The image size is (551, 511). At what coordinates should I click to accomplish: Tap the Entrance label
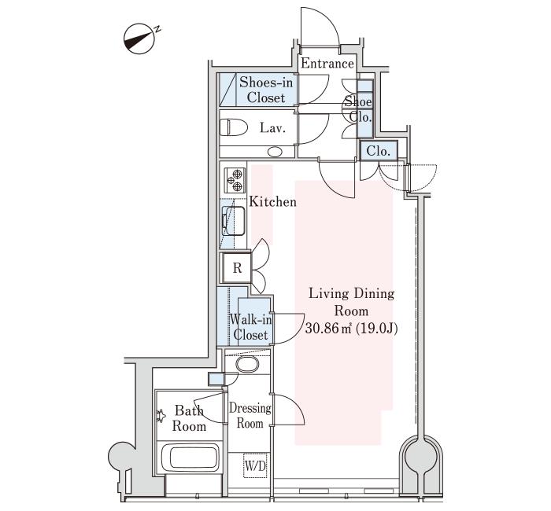pos(327,63)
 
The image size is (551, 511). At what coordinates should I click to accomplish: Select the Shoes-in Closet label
pos(266,90)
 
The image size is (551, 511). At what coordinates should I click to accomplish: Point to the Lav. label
pos(272,127)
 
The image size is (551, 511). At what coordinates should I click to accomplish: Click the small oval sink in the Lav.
pos(275,150)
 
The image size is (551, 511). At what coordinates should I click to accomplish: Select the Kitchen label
pos(273,202)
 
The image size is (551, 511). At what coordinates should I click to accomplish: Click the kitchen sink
pos(234,221)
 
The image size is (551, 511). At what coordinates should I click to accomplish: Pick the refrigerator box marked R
pos(236,268)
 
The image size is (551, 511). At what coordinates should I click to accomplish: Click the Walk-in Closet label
pos(250,327)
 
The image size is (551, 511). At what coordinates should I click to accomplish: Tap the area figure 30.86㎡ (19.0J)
pos(351,328)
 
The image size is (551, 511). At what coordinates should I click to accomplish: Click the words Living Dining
pos(351,294)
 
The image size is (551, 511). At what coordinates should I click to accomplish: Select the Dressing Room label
pos(250,415)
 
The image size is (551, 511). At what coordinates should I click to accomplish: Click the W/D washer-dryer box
pos(254,466)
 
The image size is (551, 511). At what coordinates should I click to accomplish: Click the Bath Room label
pos(190,418)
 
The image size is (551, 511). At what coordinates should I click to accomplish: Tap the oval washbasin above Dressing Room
pos(248,365)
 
